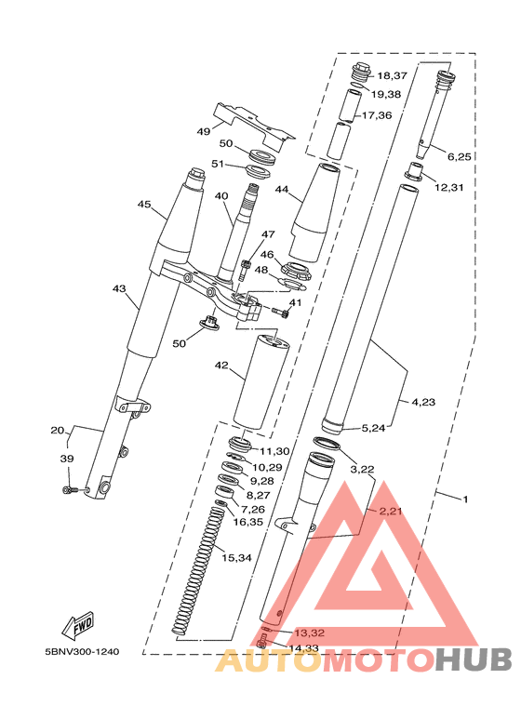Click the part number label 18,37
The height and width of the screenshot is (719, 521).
coord(392,75)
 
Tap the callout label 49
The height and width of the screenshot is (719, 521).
coord(204,131)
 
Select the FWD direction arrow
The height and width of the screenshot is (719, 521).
coord(78,625)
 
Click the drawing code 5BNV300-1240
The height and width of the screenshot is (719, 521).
coord(82,652)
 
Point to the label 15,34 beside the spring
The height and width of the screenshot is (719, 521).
coord(236,558)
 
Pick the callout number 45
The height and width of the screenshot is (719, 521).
coord(144,204)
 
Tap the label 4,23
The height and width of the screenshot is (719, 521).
coord(423,402)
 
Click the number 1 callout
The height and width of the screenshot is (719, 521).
coord(465,499)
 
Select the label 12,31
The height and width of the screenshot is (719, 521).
coord(449,187)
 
